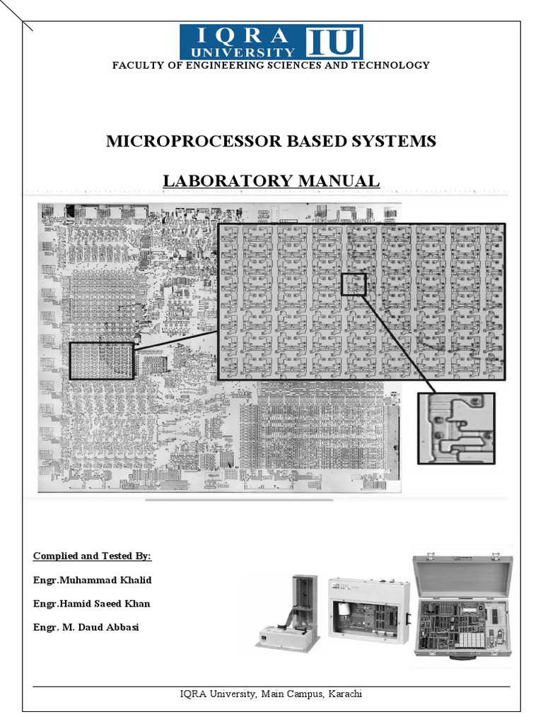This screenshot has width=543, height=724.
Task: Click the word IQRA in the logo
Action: pos(243,35)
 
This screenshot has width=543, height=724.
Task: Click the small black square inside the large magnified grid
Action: pos(354,284)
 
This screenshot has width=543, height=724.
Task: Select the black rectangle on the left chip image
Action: pos(102,361)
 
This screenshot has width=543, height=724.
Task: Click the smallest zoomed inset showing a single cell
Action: pos(456,428)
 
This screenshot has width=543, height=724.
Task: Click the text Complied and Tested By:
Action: pos(92,556)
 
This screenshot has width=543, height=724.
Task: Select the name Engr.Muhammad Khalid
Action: pos(92,580)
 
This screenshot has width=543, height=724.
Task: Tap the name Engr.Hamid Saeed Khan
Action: pos(91,604)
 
